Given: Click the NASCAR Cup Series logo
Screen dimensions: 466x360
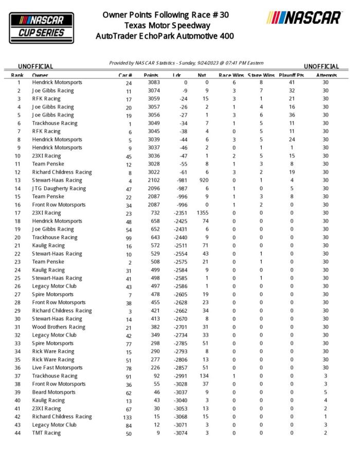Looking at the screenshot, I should [x=42, y=27].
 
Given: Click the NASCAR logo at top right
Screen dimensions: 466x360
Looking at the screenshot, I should [x=304, y=17].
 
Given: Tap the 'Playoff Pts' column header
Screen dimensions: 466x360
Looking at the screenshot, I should [x=292, y=75].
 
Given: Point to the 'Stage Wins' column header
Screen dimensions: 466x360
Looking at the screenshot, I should [x=261, y=75].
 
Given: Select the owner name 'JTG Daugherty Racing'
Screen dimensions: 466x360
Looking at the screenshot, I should [x=59, y=188].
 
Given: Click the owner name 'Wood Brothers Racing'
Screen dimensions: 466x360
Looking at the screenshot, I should [x=59, y=327].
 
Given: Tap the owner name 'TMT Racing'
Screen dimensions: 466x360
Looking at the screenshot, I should [x=46, y=433].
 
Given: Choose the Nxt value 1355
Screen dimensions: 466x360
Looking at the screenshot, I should [x=202, y=213].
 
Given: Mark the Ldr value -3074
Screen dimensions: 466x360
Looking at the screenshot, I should [x=179, y=433].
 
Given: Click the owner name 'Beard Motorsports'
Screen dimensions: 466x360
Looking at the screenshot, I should [x=53, y=392].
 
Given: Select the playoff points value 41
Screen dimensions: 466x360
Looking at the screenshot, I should [x=292, y=82].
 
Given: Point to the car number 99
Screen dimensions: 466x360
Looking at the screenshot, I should [x=129, y=237].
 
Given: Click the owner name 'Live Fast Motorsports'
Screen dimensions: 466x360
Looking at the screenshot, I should [x=57, y=368].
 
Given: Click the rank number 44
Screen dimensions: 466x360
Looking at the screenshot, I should [x=19, y=433].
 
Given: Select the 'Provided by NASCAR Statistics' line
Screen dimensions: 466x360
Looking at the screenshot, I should [x=186, y=63].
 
